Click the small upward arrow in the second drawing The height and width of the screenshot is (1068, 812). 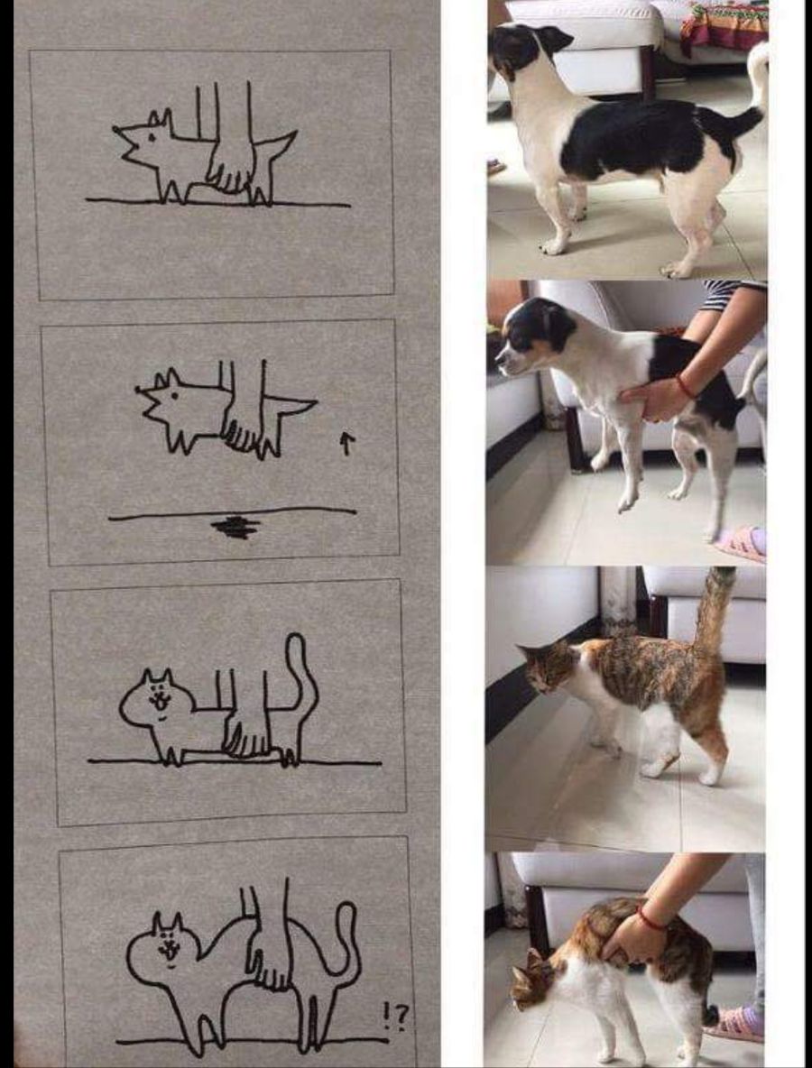(346, 445)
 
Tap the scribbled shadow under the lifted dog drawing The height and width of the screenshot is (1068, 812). (235, 527)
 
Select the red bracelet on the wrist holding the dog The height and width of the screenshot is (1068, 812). (685, 387)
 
